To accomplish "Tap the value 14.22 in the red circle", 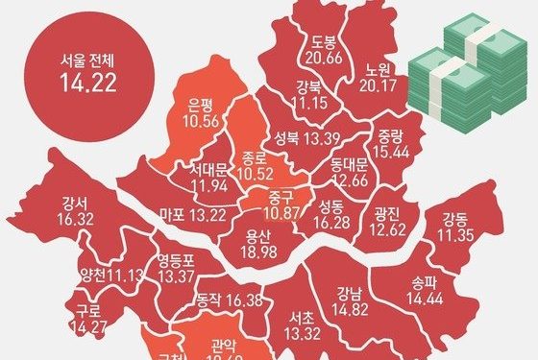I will (x=80, y=82).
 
